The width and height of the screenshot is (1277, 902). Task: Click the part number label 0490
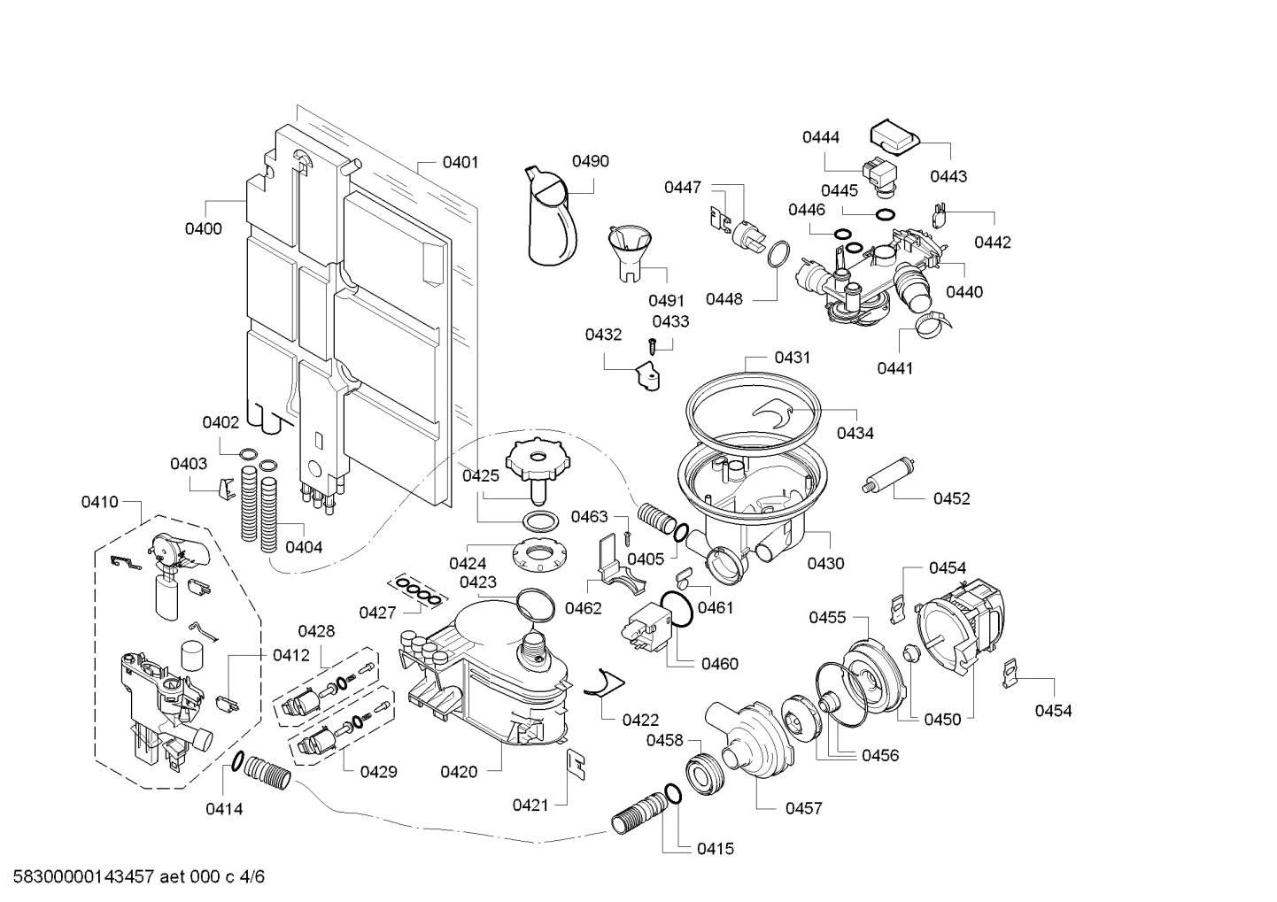(x=590, y=161)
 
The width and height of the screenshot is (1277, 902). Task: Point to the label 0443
(x=948, y=176)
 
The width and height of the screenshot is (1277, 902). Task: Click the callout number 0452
(x=951, y=498)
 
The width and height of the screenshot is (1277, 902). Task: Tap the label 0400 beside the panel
(x=204, y=228)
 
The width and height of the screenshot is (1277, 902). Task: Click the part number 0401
(x=460, y=162)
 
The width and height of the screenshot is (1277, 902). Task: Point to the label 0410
(x=99, y=502)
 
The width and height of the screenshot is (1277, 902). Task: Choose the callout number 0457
(x=803, y=807)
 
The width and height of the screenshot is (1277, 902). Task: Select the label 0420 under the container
(x=459, y=772)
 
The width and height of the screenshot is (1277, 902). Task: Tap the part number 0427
(x=377, y=613)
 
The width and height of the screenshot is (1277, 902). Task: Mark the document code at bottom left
(x=133, y=877)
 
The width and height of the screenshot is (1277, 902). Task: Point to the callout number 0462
(x=584, y=608)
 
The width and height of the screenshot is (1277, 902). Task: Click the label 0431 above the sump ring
(x=792, y=358)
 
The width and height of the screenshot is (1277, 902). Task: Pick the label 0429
(x=378, y=772)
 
